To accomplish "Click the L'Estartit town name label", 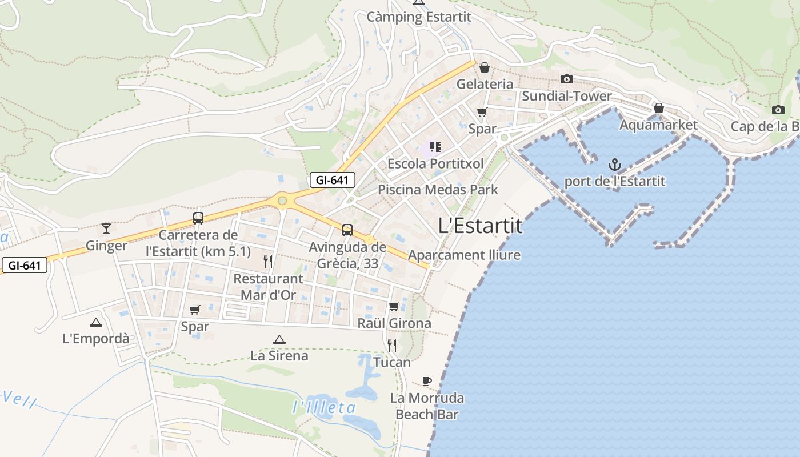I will point(480,226).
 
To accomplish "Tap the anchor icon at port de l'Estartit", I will point(615,165).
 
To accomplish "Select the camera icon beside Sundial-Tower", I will point(566,79).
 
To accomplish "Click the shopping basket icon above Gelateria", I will point(485,67).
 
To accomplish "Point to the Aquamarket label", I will point(658,125).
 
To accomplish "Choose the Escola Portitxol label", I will point(435,163).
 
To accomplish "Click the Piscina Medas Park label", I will point(438,189).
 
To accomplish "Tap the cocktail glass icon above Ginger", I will point(106,228).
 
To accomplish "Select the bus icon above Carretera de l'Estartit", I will point(198,218).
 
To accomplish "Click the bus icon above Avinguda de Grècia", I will point(347,230).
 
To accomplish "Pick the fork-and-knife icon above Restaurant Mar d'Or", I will point(268,262).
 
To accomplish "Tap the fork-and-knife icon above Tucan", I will point(392,345).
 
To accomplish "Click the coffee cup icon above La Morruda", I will point(426,381).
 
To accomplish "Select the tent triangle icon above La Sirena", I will point(279,339).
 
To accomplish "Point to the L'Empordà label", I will point(96,338).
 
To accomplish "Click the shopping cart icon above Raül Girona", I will point(394,306).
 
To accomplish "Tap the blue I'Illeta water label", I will point(323,407).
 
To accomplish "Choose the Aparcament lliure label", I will point(464,255).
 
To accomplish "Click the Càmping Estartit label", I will point(419,17).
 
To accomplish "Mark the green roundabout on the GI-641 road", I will point(282,201).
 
